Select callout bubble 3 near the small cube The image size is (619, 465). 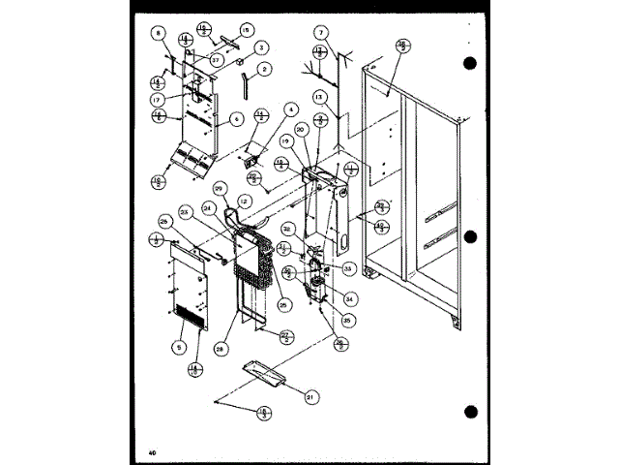click(261, 46)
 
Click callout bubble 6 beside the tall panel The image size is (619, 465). click(235, 121)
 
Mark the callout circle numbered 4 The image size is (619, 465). click(289, 111)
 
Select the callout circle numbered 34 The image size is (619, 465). click(349, 297)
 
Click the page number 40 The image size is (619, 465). click(153, 452)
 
